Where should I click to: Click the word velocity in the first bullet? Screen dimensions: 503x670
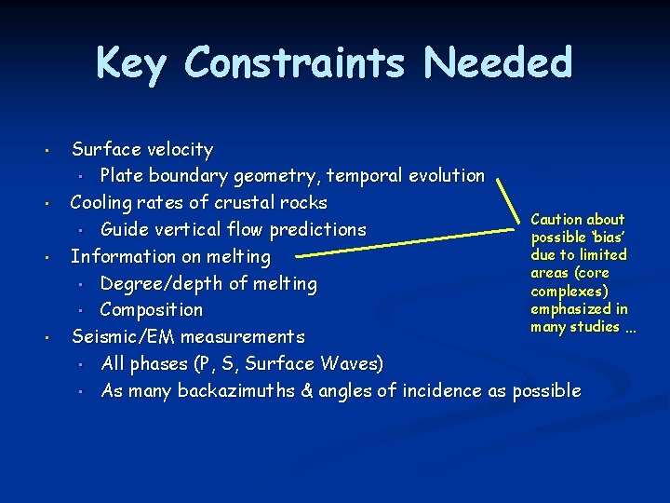pos(180,149)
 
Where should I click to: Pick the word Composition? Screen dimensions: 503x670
pos(151,309)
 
